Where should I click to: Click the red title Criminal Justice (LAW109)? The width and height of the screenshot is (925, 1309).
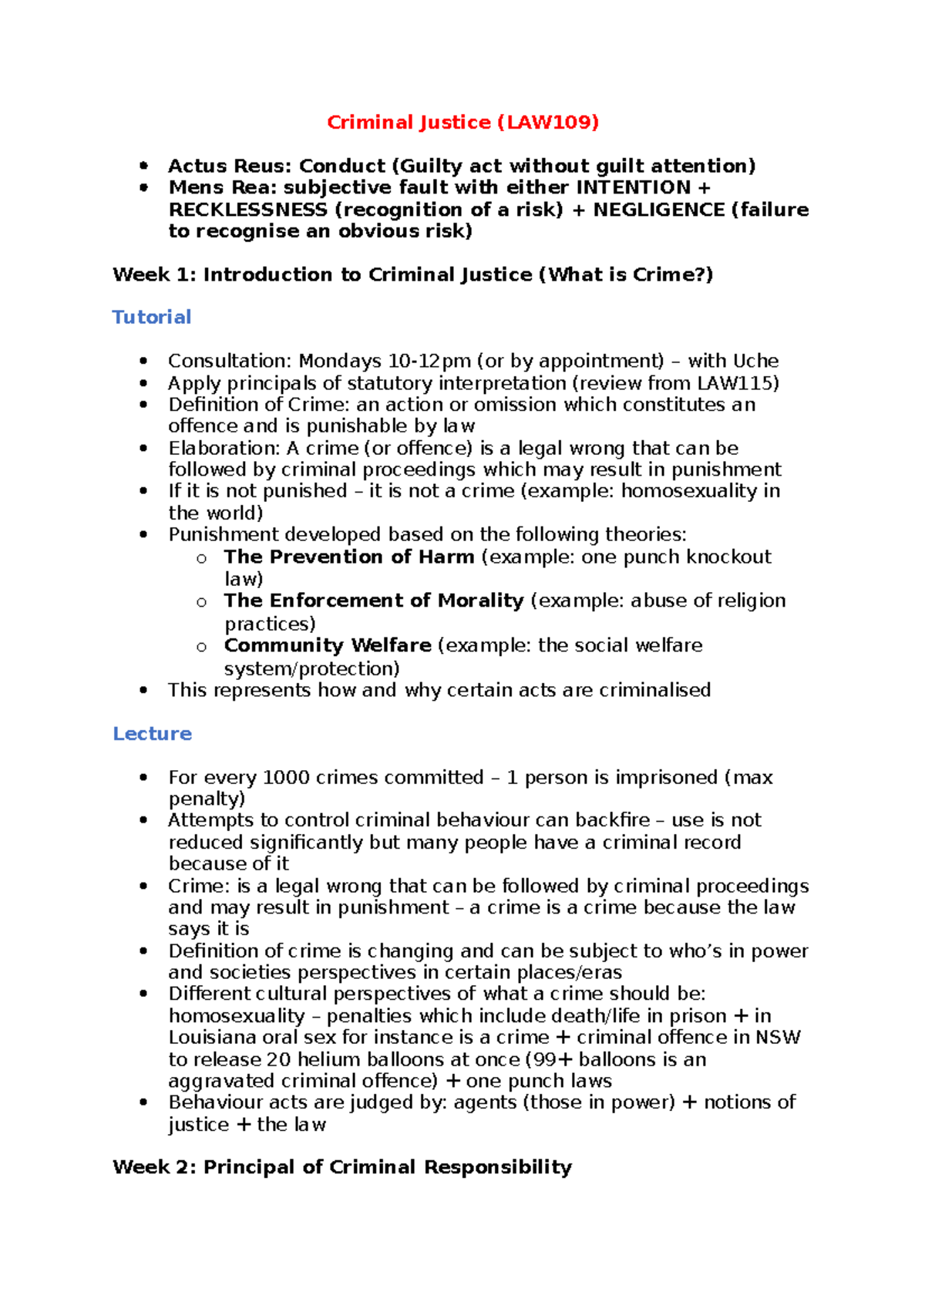tap(462, 122)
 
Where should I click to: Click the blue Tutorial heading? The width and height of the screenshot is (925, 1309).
tap(152, 317)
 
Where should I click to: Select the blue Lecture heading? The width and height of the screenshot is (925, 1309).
tap(152, 733)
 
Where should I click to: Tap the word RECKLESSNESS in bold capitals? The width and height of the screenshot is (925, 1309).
tap(247, 210)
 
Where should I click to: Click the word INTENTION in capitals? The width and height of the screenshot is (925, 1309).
tap(634, 187)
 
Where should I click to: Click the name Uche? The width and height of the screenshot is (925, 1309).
tap(755, 361)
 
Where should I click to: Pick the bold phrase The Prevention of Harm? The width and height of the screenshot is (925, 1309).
tap(348, 557)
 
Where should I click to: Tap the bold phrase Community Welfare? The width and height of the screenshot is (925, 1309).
tap(328, 645)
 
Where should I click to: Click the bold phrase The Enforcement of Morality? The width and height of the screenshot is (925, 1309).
tap(374, 601)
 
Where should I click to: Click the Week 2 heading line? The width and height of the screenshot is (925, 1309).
tap(342, 1166)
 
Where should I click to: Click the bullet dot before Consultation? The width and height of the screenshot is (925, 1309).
tap(143, 361)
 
